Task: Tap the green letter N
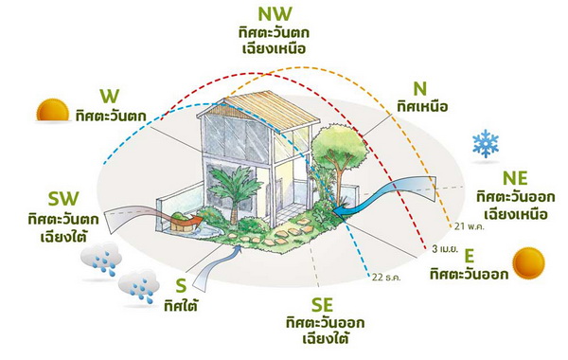(x=411, y=87)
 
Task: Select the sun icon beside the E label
(x=529, y=263)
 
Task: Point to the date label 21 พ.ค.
(x=470, y=228)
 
